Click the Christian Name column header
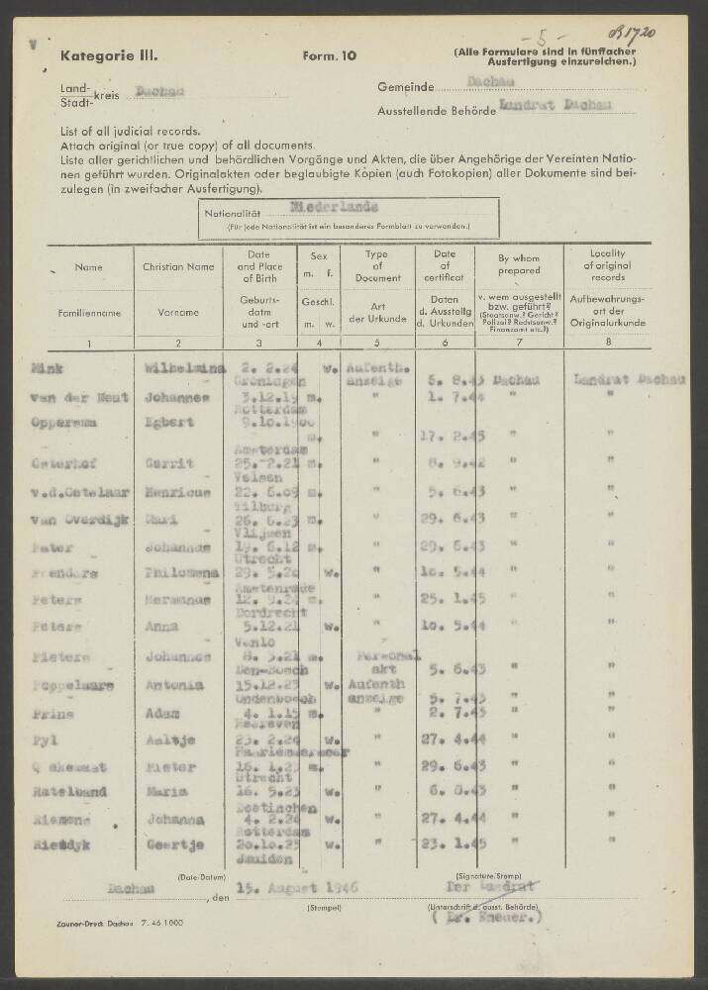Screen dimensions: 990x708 click(x=178, y=267)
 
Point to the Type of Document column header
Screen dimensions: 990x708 click(x=377, y=267)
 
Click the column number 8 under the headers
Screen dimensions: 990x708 click(x=607, y=343)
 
